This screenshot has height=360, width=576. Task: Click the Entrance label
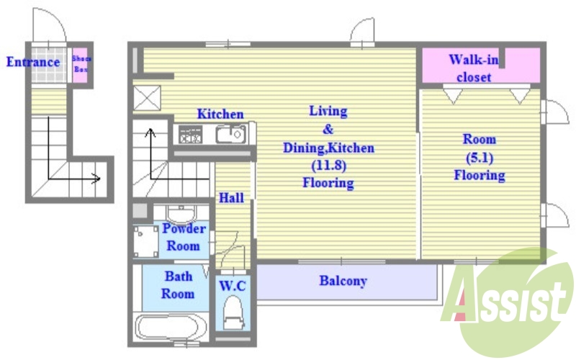click(33, 62)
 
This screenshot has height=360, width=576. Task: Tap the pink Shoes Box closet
click(80, 65)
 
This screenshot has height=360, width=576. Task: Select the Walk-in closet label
click(474, 68)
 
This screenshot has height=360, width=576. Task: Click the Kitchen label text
click(220, 114)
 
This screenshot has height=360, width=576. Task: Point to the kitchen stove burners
click(190, 135)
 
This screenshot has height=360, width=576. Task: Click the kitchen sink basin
click(230, 135)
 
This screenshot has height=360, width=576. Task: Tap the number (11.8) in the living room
click(329, 166)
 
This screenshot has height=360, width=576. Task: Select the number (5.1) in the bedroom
click(480, 158)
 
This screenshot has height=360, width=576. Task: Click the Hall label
click(231, 198)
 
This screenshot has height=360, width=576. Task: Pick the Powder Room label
click(184, 237)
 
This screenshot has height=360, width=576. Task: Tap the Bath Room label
click(178, 284)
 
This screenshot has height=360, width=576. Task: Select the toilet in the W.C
click(233, 313)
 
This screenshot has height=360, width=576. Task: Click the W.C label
click(232, 285)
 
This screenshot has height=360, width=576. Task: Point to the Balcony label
click(343, 281)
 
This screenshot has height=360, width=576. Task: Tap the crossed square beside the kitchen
click(147, 98)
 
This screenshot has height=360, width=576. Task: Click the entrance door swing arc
click(50, 25)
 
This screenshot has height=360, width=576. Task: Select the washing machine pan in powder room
click(146, 241)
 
